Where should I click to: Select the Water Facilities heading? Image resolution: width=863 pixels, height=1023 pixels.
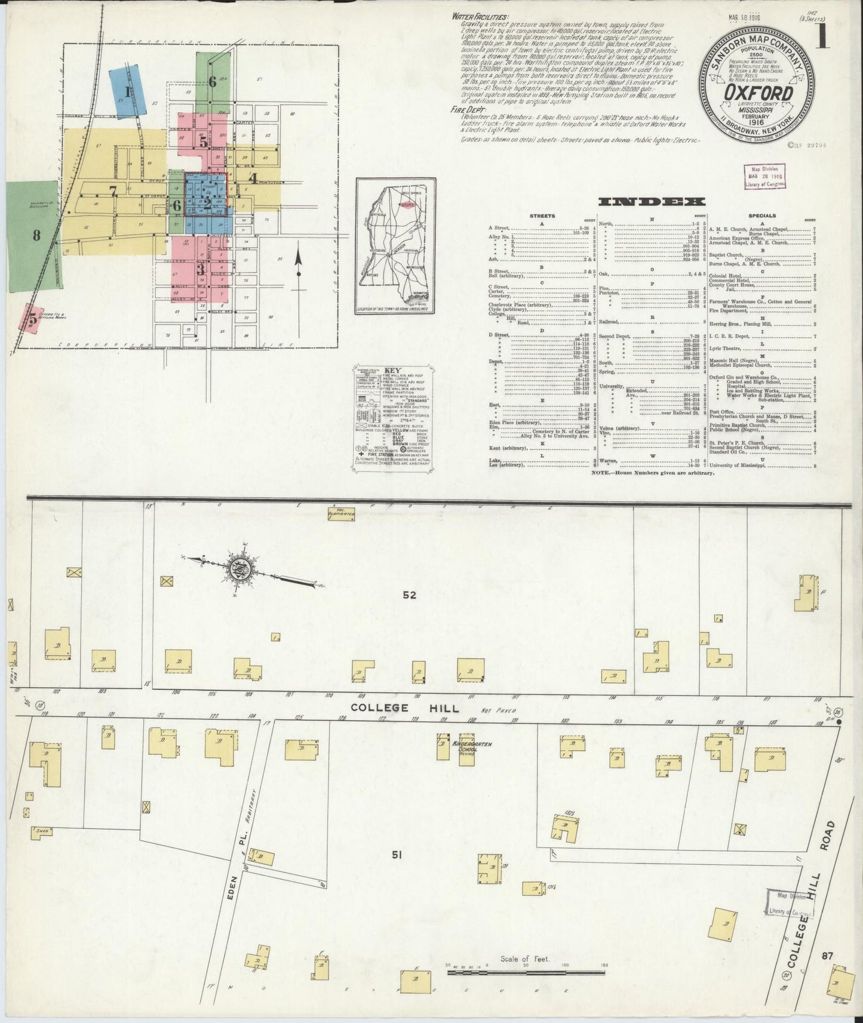[x=480, y=17]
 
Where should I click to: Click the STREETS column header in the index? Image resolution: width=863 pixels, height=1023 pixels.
[x=542, y=215]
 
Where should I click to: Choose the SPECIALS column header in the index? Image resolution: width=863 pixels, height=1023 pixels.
[x=761, y=215]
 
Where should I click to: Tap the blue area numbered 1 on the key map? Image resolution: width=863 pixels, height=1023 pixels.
[x=127, y=92]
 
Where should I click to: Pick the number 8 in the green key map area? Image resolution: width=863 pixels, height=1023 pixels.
[x=36, y=235]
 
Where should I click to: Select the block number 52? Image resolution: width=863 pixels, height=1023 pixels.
[x=410, y=594]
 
